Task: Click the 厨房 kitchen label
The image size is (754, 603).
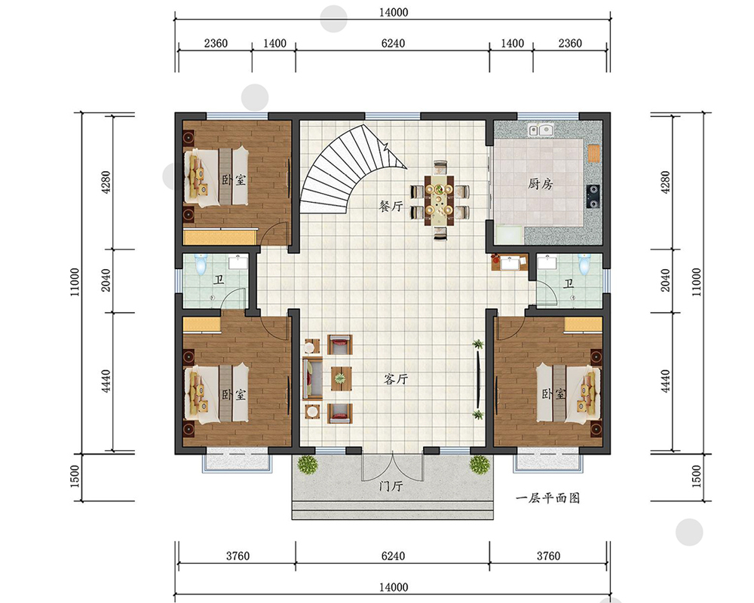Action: click(x=541, y=184)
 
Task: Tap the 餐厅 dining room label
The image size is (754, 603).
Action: click(x=391, y=207)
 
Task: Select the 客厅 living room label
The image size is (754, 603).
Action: click(x=396, y=379)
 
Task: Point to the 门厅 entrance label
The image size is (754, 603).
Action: click(x=391, y=485)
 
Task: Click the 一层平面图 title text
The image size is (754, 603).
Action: click(x=547, y=498)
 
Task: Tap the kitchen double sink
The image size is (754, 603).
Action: click(x=541, y=130)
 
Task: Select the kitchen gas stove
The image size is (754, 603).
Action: click(x=593, y=196)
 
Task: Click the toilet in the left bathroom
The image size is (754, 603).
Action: click(x=201, y=264)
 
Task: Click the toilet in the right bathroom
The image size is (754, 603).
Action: click(x=584, y=264)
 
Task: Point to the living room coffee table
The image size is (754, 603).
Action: click(x=341, y=378)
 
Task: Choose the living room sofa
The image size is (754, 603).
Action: click(x=313, y=378)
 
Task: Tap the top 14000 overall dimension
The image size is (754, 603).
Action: click(x=394, y=12)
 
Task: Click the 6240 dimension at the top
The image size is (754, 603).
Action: click(x=393, y=43)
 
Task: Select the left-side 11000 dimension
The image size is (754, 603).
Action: click(x=75, y=282)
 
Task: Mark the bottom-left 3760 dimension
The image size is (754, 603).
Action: click(x=238, y=556)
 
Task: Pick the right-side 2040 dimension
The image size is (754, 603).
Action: click(x=665, y=280)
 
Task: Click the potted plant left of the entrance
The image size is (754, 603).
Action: click(x=308, y=465)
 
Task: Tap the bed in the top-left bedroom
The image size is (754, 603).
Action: click(x=216, y=176)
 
